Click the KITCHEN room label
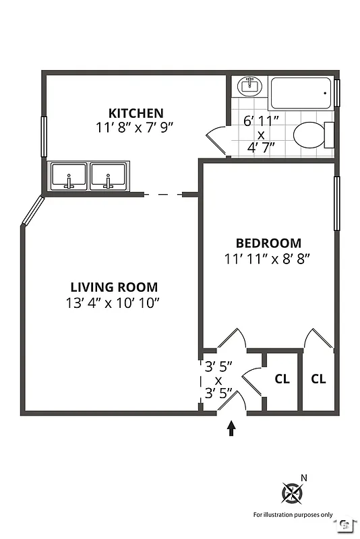click(x=136, y=113)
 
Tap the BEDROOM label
click(x=268, y=243)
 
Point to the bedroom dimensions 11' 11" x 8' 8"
click(x=268, y=257)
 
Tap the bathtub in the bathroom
click(x=301, y=94)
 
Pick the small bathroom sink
click(x=249, y=86)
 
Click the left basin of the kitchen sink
click(x=69, y=177)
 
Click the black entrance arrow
click(x=231, y=429)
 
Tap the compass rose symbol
click(x=292, y=494)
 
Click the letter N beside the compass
click(x=304, y=478)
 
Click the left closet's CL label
click(x=282, y=379)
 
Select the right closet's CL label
click(x=318, y=379)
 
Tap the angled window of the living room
click(x=32, y=211)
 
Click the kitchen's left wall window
click(x=44, y=137)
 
